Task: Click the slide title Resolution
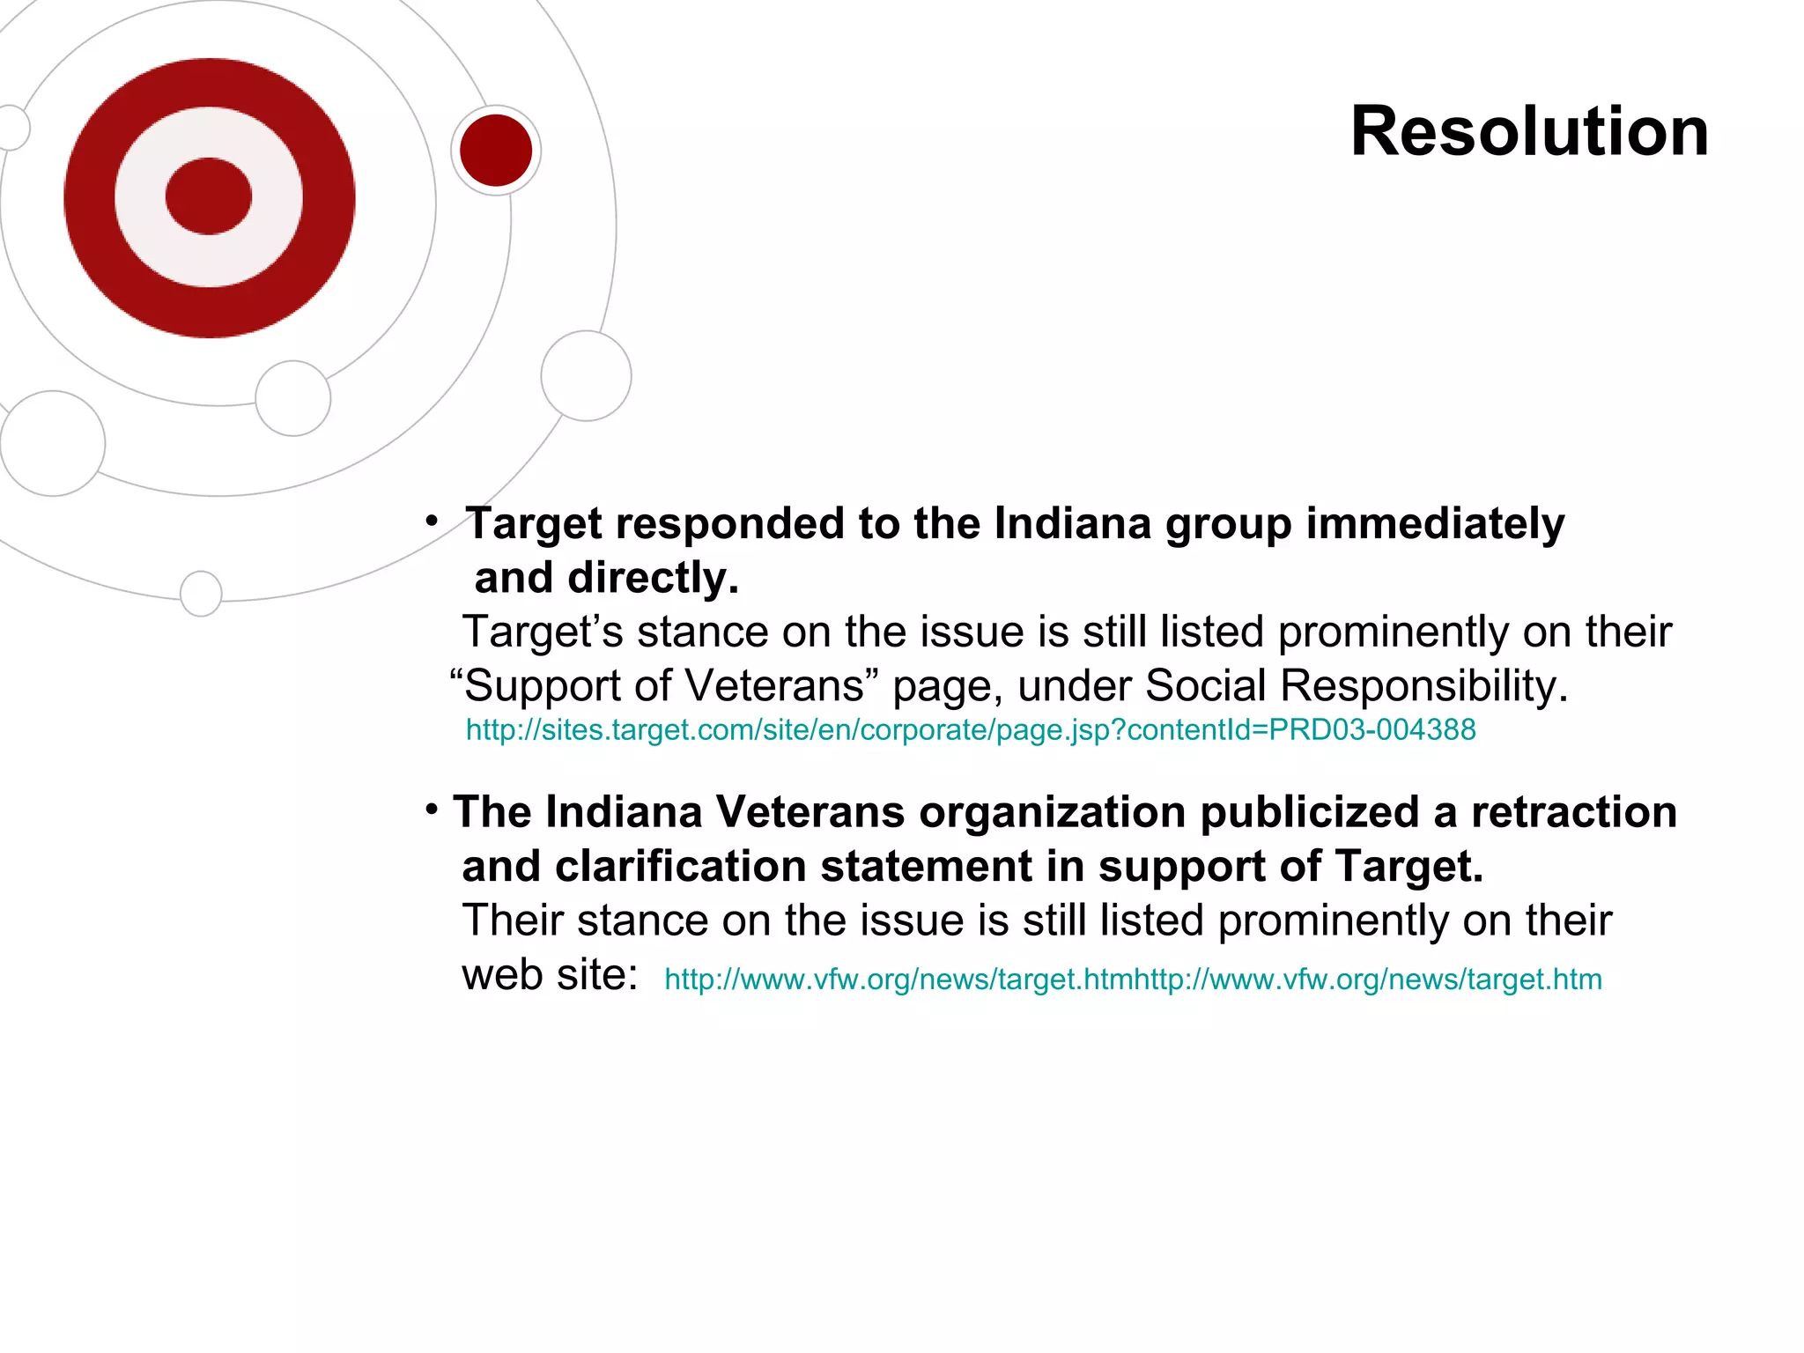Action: point(1529,132)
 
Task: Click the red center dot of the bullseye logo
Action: point(209,196)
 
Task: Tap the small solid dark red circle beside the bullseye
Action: point(496,151)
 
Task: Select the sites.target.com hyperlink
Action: point(970,730)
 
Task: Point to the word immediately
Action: point(1435,524)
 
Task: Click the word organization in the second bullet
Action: point(1052,812)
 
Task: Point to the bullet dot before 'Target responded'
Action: point(432,521)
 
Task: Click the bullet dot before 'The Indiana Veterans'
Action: point(432,809)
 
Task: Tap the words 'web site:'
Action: point(550,975)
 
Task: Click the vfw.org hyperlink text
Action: point(1133,980)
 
